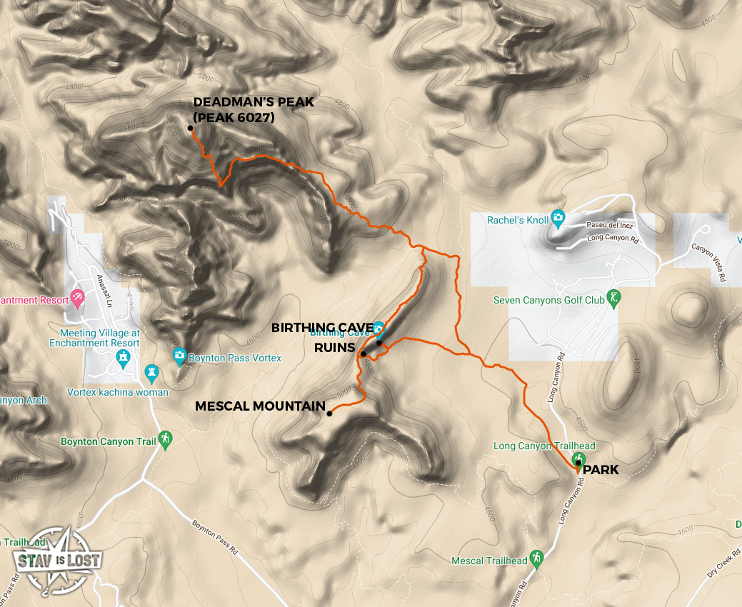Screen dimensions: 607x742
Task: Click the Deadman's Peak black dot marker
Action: (x=191, y=129)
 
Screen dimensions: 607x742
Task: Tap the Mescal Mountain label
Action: (x=260, y=406)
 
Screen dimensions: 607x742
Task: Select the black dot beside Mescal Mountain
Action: (x=329, y=413)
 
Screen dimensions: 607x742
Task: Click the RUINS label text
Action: (x=335, y=348)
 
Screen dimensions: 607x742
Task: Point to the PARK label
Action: (x=601, y=471)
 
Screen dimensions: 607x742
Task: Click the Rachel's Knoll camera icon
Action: (x=558, y=218)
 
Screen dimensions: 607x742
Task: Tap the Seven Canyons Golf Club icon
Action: (x=612, y=296)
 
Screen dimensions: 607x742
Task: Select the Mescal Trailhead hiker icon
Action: (x=536, y=557)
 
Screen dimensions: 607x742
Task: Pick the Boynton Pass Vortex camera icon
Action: (x=179, y=354)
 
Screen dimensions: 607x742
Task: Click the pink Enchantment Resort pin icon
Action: (x=78, y=296)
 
